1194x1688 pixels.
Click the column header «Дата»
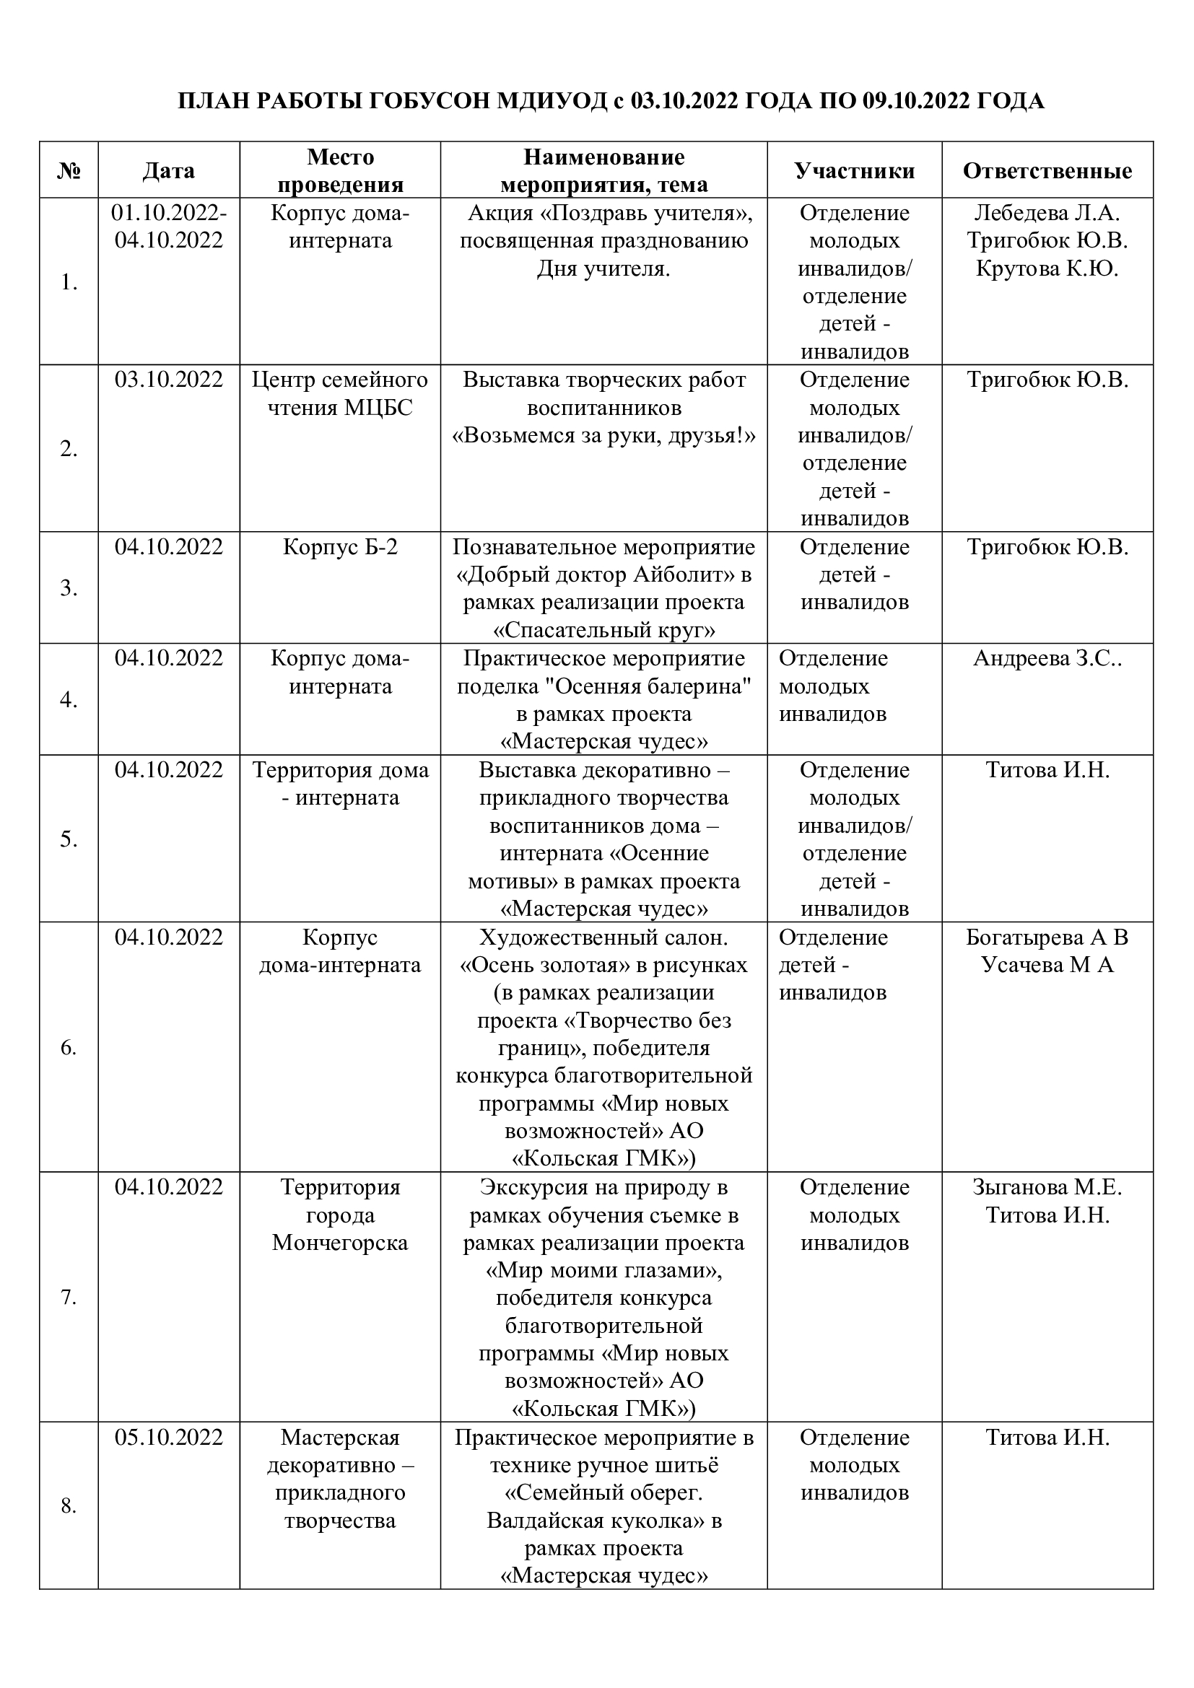(168, 170)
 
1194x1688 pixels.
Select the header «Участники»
(854, 170)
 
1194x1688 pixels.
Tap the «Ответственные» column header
(1047, 170)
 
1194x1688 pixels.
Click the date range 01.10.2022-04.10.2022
(168, 227)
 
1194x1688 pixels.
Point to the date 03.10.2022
(168, 380)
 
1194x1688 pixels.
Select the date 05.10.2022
(168, 1438)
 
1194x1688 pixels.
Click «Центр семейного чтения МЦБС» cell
(340, 393)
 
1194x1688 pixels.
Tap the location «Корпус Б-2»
(340, 547)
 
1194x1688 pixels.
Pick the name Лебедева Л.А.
(1047, 213)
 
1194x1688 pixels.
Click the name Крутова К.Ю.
(1047, 268)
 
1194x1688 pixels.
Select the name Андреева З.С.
(1047, 658)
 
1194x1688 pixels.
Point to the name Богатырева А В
(1047, 937)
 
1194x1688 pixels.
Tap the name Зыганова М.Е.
(1047, 1187)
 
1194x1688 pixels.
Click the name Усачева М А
(1047, 965)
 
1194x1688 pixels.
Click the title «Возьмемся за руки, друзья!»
(603, 435)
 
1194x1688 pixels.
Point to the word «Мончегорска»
(340, 1243)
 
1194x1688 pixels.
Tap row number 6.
(69, 1048)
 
